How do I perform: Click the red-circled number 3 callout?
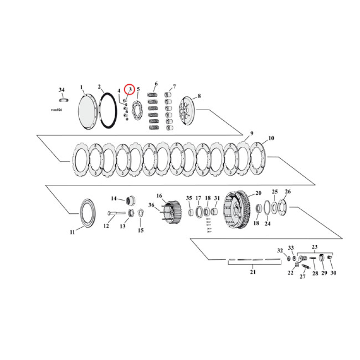pyautogui.click(x=130, y=90)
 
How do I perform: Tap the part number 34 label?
pyautogui.click(x=62, y=90)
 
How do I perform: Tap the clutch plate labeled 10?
pyautogui.click(x=259, y=158)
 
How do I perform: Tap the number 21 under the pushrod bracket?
pyautogui.click(x=252, y=272)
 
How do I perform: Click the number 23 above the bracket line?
pyautogui.click(x=315, y=246)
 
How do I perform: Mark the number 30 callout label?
pyautogui.click(x=333, y=273)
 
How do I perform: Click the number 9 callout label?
pyautogui.click(x=252, y=134)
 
